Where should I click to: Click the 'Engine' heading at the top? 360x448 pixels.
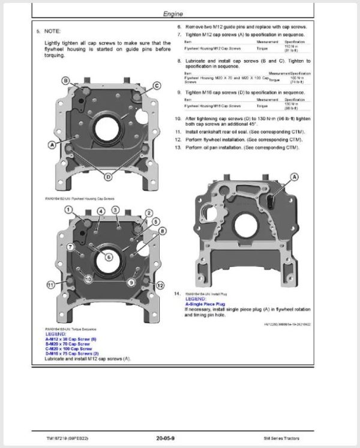180,14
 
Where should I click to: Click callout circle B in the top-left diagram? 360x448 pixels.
66,80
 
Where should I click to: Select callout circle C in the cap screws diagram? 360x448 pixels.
158,86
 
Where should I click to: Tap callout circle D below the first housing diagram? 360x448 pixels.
108,177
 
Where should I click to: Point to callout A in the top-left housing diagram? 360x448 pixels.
52,145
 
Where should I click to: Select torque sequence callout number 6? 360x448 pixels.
109,256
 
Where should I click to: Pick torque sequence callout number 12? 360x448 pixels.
160,285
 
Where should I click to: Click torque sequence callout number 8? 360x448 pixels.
163,231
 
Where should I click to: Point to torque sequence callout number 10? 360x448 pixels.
88,279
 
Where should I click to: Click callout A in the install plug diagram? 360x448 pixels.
295,177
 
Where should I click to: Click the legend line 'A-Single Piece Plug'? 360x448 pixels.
205,304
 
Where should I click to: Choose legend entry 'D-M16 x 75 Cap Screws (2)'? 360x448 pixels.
72,353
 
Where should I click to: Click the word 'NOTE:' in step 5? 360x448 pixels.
53,30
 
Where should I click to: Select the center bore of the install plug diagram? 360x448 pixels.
246,225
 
